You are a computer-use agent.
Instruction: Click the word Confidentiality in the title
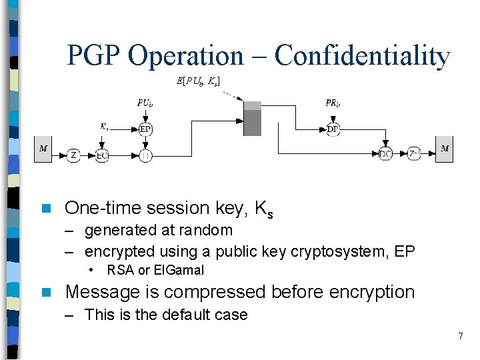pos(362,56)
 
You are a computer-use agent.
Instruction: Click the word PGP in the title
pos(95,56)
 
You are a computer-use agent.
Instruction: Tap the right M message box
pos(445,149)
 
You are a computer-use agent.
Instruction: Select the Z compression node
pos(74,155)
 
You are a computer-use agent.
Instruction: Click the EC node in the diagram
pos(101,155)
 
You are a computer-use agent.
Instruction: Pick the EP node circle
pos(145,129)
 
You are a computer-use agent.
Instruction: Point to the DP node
pos(333,129)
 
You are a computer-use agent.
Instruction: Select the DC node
pos(385,155)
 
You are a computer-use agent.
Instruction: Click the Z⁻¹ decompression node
pos(414,155)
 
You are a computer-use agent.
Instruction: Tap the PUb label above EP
pos(145,103)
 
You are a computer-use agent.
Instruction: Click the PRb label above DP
pos(333,103)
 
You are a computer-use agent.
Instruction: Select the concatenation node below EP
pos(145,155)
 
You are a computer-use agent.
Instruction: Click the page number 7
pos(460,336)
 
